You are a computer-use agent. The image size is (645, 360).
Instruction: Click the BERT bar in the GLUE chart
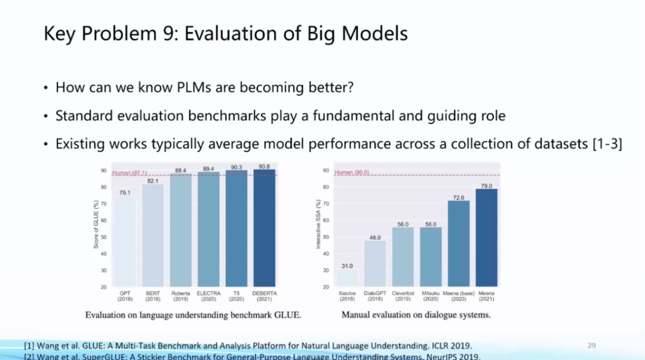[x=152, y=236]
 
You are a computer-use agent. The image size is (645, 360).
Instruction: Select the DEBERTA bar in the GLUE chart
[x=264, y=230]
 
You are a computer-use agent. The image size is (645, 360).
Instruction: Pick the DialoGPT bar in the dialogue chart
[x=375, y=263]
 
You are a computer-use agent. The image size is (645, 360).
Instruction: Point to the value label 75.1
[x=125, y=193]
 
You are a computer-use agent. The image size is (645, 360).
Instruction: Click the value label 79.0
[x=486, y=186]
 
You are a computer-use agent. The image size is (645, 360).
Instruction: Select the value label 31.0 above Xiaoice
[x=347, y=266]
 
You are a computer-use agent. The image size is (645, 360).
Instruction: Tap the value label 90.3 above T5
[x=236, y=168]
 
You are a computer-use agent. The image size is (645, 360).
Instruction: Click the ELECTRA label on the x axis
[x=208, y=294]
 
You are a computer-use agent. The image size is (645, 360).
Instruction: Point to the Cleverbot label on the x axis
[x=403, y=294]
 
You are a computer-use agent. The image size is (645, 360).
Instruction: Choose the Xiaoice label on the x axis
[x=347, y=294]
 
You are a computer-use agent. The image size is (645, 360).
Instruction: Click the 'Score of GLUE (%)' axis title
[x=96, y=224]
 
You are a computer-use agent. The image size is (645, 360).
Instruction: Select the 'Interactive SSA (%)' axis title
[x=318, y=224]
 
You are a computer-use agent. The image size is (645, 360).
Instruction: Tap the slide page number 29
[x=591, y=345]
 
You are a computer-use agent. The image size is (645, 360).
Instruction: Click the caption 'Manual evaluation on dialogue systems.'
[x=416, y=315]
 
